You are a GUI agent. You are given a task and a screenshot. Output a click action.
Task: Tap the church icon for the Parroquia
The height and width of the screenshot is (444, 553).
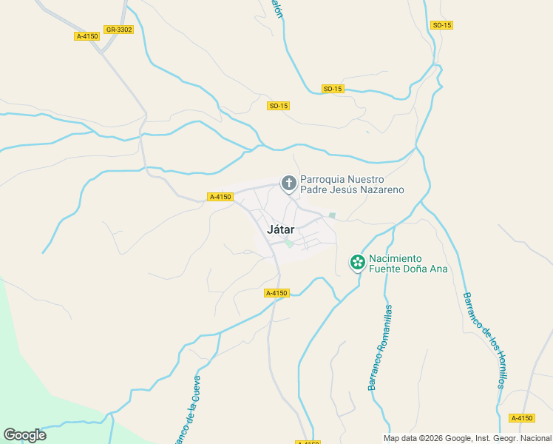click(x=288, y=182)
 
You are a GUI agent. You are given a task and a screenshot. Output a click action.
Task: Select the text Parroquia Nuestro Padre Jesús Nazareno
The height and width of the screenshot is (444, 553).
click(x=352, y=184)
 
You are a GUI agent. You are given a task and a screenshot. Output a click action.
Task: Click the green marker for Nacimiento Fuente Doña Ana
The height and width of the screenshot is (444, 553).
click(x=358, y=262)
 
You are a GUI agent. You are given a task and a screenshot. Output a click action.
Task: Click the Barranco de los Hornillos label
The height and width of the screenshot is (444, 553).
click(x=484, y=340)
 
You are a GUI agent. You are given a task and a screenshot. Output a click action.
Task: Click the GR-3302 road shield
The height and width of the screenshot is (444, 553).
click(x=119, y=30)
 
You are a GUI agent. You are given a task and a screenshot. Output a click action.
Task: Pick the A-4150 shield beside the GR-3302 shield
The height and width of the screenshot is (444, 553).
click(x=87, y=36)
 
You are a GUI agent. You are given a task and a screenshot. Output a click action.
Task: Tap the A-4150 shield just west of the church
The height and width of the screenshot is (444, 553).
click(x=220, y=197)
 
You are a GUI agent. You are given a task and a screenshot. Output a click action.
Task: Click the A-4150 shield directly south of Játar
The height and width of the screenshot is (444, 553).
click(x=276, y=293)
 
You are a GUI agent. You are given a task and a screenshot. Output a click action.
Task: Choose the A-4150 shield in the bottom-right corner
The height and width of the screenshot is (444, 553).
click(x=522, y=418)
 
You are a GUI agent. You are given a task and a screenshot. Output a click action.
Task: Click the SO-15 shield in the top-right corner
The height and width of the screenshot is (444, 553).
click(x=441, y=25)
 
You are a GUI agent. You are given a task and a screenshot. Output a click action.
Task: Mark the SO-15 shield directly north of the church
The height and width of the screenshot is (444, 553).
click(x=279, y=106)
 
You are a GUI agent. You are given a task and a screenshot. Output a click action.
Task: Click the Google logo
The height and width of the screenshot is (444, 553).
click(x=24, y=435)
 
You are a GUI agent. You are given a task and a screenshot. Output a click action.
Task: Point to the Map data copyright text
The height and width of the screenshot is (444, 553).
click(x=467, y=438)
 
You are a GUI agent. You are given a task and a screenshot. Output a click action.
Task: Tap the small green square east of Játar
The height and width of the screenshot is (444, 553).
click(x=332, y=216)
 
